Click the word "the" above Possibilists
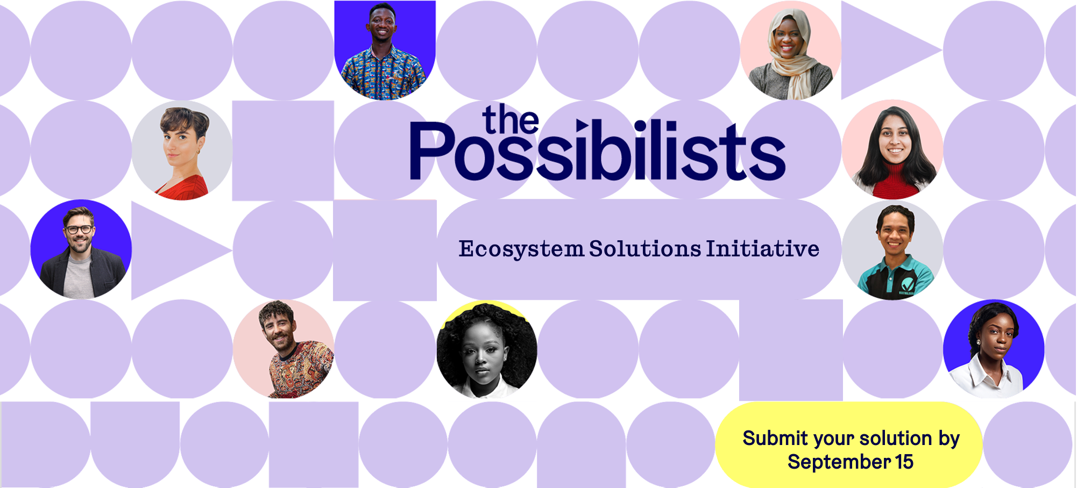point(511,119)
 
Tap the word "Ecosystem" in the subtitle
point(521,249)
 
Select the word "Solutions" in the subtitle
point(645,249)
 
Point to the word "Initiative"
point(763,249)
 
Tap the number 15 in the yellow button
point(904,462)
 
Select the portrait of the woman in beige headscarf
point(790,51)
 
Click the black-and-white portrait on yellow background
point(487,349)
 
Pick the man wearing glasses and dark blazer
point(81,250)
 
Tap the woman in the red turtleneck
point(892,150)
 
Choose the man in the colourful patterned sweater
point(284,349)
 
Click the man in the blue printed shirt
point(385,51)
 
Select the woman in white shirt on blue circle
point(994,349)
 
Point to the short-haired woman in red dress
point(182,150)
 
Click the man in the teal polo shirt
point(892,250)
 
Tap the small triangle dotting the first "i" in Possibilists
point(581,126)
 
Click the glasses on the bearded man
point(79,229)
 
